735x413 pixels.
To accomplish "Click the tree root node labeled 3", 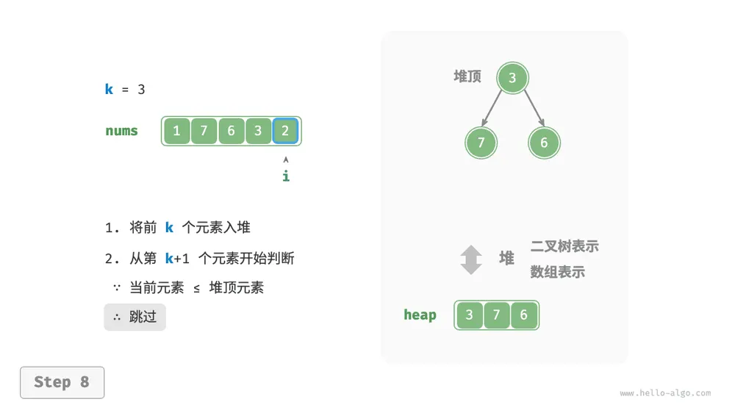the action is (512, 77).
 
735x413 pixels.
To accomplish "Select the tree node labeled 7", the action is (481, 143).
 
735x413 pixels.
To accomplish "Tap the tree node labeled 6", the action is (544, 143).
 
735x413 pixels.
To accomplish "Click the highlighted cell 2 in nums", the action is (285, 130).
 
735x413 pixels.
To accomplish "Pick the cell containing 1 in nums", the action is (176, 131).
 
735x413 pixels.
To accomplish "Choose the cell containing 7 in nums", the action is (204, 131).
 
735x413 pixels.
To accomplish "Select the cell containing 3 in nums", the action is (258, 131).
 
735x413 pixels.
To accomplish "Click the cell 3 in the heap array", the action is (469, 315).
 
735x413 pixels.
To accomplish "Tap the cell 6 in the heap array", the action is (523, 315).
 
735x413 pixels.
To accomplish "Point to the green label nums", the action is (121, 131).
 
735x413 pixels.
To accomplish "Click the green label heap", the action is (420, 315).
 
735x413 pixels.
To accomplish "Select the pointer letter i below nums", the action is (286, 176).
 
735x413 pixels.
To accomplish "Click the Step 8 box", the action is (62, 383).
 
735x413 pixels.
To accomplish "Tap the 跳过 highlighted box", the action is (135, 317).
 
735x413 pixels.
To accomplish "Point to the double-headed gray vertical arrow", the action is (471, 259).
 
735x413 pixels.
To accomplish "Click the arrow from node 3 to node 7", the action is (492, 108).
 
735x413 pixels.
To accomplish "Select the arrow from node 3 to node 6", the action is (534, 108).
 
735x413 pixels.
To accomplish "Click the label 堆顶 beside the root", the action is (467, 76).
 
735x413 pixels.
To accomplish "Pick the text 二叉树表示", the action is (564, 246).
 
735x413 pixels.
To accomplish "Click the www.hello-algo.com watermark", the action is (665, 393).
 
